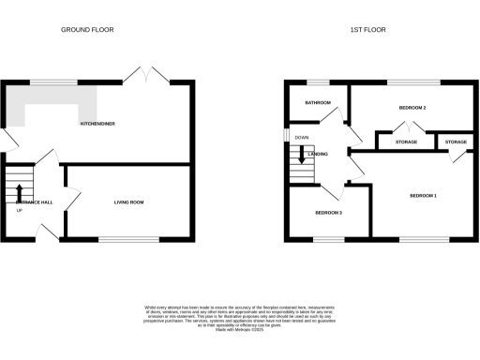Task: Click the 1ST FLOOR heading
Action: [368, 30]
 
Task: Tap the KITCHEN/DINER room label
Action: [97, 124]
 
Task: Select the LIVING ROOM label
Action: [129, 202]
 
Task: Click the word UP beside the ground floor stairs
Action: [20, 209]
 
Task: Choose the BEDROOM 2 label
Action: [412, 108]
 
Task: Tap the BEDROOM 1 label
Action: [424, 195]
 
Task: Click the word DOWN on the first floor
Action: [302, 138]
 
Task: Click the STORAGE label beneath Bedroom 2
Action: [406, 142]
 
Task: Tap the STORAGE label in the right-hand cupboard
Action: [456, 142]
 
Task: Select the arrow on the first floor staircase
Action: [301, 154]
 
